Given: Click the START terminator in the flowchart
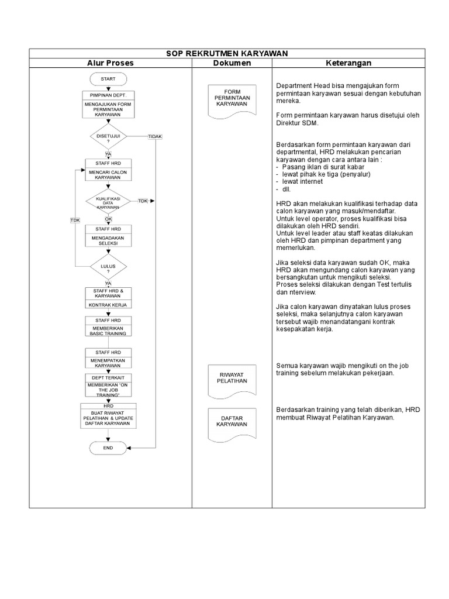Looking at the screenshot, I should (x=108, y=79).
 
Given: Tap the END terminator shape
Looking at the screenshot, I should (x=108, y=448).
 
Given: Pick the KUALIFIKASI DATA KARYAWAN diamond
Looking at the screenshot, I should (x=108, y=201).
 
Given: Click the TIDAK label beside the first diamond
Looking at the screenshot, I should (x=155, y=136).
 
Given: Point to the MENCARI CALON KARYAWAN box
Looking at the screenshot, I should (x=108, y=175).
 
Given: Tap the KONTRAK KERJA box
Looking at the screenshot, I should (x=108, y=305).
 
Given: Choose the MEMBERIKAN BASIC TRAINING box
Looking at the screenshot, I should (x=108, y=331).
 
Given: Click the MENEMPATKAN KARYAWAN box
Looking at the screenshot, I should (x=108, y=362).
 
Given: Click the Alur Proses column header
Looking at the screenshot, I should (x=110, y=63).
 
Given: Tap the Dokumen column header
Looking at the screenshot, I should (x=232, y=63).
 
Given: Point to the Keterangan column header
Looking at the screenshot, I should (x=348, y=63).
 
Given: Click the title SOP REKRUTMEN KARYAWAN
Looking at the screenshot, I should (x=225, y=53).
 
